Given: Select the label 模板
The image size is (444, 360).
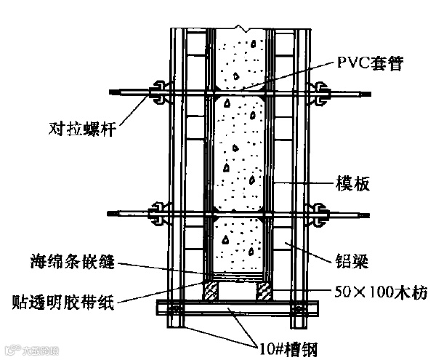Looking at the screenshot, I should (352, 183).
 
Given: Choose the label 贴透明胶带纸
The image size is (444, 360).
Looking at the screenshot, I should (65, 300).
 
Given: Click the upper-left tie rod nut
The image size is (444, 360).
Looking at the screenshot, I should (158, 92).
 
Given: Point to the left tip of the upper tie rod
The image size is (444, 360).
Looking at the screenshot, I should (110, 92).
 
